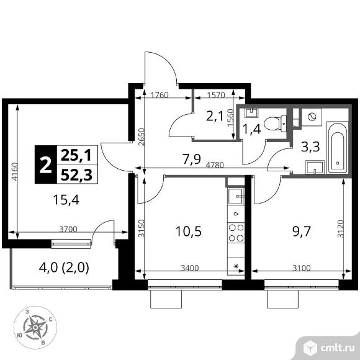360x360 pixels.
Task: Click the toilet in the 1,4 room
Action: [275, 124]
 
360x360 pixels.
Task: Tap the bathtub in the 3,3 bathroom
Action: [337, 147]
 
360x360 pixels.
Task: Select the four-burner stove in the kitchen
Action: [236, 233]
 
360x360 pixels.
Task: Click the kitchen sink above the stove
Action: [236, 196]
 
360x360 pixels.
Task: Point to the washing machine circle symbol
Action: [312, 117]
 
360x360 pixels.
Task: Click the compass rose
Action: [35, 327]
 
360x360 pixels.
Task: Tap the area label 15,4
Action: [66, 199]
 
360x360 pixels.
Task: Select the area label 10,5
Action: [189, 231]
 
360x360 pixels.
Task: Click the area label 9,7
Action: [302, 231]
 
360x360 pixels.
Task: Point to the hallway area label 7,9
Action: [192, 159]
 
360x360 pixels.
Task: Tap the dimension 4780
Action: [215, 165]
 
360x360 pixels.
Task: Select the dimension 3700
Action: [68, 229]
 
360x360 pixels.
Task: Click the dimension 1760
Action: [160, 95]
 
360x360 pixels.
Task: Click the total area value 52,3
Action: [77, 174]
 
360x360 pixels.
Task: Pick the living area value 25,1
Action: [76, 155]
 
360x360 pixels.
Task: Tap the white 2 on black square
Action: [45, 164]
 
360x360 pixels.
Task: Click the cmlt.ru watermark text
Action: [338, 348]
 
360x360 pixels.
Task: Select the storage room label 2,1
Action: [215, 117]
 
